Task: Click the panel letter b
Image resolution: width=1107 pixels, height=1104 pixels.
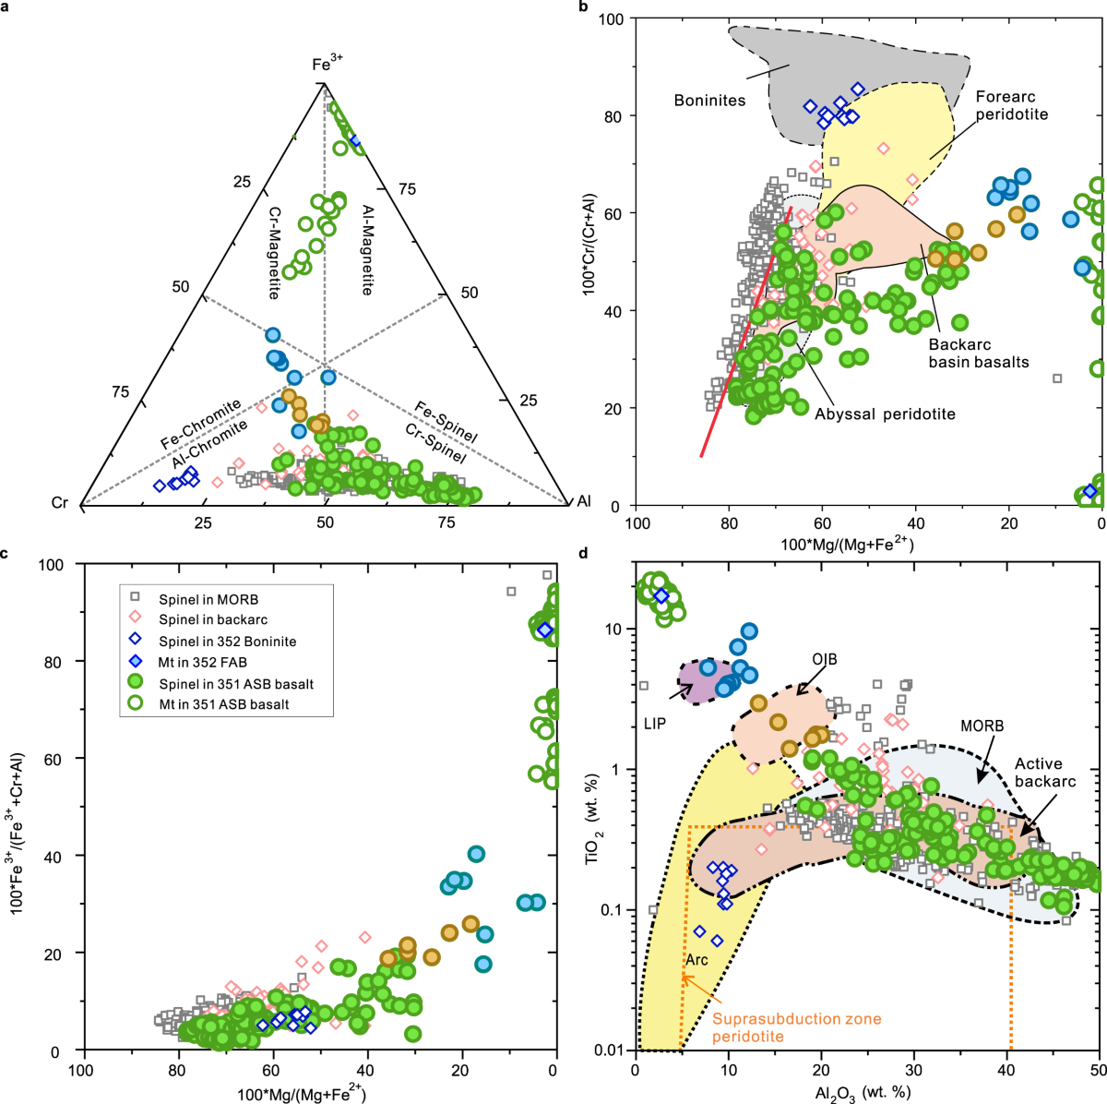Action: coord(583,7)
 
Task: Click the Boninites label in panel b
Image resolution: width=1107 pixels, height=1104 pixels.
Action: coord(709,100)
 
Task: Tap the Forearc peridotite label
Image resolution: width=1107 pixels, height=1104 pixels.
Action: coord(1012,105)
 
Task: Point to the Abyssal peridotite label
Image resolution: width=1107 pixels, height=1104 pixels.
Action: coord(885,414)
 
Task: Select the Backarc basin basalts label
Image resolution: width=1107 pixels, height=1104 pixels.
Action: coord(978,353)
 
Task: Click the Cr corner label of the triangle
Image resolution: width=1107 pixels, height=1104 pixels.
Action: coord(60,503)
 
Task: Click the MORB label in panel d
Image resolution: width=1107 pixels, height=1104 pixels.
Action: coord(981,726)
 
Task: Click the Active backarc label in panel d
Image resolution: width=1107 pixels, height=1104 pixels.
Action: coord(1045,773)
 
